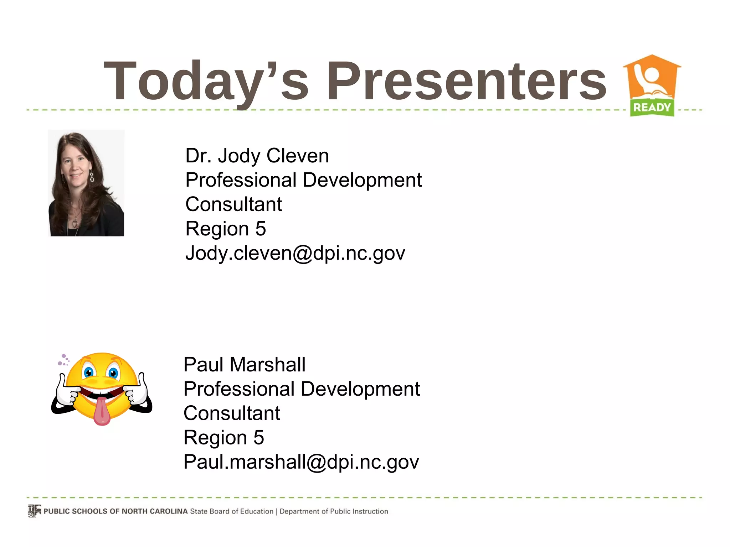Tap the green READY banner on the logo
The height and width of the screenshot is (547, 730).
pyautogui.click(x=652, y=108)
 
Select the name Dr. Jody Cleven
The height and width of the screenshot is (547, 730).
pyautogui.click(x=257, y=156)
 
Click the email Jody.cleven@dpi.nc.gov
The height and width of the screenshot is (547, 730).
pyautogui.click(x=295, y=253)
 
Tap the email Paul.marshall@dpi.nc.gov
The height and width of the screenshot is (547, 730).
pyautogui.click(x=301, y=462)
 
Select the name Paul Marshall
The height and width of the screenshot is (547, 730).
pyautogui.click(x=245, y=365)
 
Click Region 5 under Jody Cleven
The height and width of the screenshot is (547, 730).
pyautogui.click(x=226, y=229)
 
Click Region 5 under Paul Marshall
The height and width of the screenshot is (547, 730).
pyautogui.click(x=224, y=438)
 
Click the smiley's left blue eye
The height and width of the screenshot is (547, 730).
pyautogui.click(x=89, y=373)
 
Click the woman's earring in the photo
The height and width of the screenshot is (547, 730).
pyautogui.click(x=92, y=177)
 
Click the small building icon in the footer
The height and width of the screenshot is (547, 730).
pyautogui.click(x=35, y=511)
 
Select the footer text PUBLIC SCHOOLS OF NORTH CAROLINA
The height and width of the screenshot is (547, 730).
pyautogui.click(x=115, y=511)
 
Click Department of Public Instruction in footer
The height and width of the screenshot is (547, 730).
pyautogui.click(x=334, y=511)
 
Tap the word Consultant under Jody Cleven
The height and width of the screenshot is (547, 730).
pyautogui.click(x=233, y=205)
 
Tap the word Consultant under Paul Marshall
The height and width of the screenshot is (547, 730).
pyautogui.click(x=232, y=413)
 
